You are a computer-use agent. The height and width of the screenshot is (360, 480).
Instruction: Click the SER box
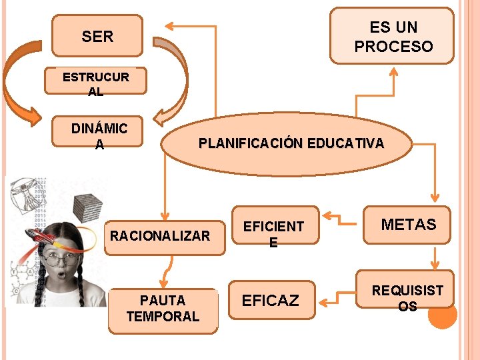point(98,36)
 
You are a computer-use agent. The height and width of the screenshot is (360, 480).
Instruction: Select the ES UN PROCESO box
point(393,36)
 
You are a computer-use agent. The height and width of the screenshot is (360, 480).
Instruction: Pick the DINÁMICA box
point(99,135)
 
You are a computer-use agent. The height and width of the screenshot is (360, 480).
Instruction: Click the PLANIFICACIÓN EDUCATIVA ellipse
point(291,143)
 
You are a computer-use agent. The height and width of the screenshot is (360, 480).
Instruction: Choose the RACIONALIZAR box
point(160,236)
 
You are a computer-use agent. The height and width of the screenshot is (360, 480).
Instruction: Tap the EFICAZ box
point(271,300)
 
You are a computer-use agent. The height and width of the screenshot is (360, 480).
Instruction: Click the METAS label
point(408,225)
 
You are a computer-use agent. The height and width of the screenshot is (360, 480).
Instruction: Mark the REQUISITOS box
point(407,297)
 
